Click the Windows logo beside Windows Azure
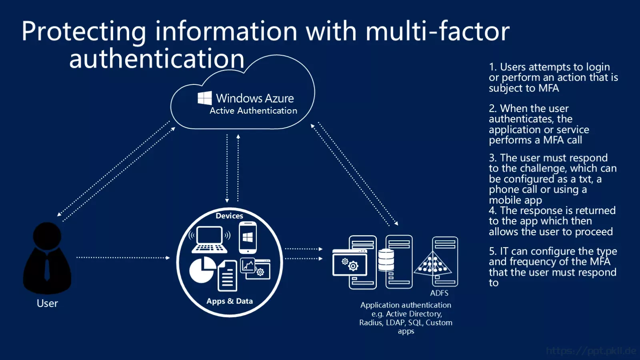point(204,98)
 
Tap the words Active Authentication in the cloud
point(254,110)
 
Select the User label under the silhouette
point(47,303)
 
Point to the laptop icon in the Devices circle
point(210,240)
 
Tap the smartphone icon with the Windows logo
point(248,238)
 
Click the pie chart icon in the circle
point(202,270)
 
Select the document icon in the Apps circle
point(228,276)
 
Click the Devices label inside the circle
point(230,216)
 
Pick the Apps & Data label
point(230,301)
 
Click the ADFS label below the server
point(439,293)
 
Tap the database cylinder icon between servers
point(386,260)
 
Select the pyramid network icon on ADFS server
point(432,264)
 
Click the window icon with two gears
point(350,263)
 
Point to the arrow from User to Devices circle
point(123,258)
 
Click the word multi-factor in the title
point(438,31)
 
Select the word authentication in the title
point(156,58)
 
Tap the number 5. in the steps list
point(493,251)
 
